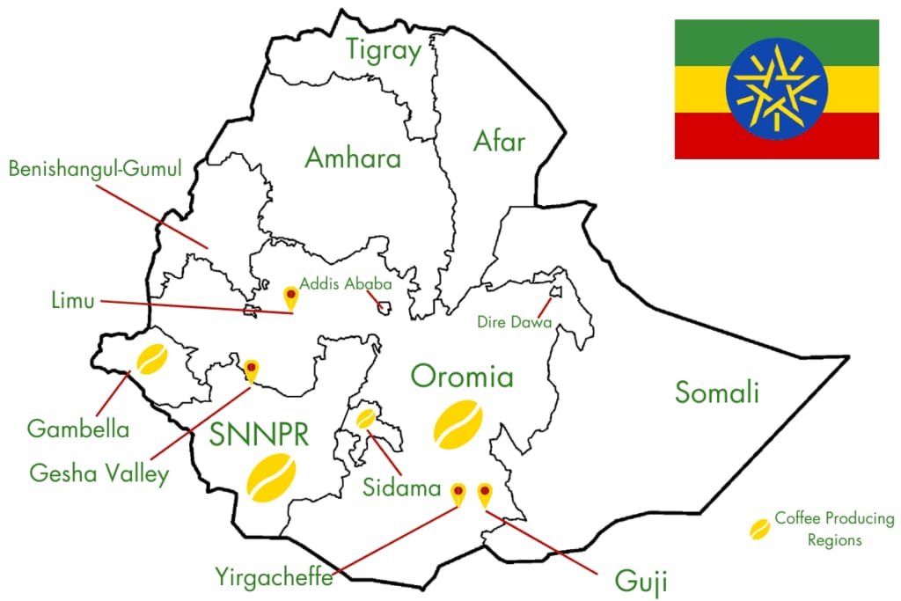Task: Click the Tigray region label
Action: point(384,50)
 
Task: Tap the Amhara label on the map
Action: point(353,158)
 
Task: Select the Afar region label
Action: point(499,141)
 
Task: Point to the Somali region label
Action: point(717,392)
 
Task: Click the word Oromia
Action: point(462,377)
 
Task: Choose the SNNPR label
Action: point(260,434)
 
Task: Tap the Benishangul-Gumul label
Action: point(95,168)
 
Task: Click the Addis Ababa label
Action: point(346,284)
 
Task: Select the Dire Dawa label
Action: point(514,322)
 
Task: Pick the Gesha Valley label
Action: point(99,474)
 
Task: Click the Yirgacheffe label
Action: point(274,577)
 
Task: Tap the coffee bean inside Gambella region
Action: point(150,359)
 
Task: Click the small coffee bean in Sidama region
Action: point(365,417)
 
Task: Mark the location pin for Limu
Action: point(289,297)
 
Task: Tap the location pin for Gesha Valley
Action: point(251,370)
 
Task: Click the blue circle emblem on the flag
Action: point(777,89)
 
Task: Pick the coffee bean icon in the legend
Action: point(758,529)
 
